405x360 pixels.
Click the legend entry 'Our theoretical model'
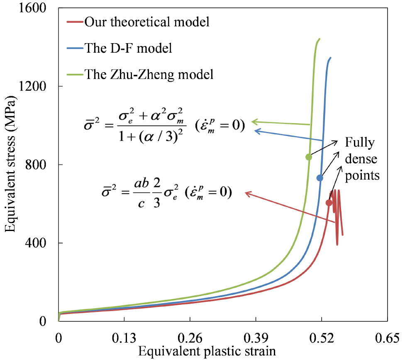point(147,22)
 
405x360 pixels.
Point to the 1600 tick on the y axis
point(36,8)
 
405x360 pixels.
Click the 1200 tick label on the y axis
point(36,86)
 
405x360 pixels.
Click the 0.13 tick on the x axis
point(124,338)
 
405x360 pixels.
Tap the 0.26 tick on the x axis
point(190,338)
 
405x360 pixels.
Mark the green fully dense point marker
point(308,157)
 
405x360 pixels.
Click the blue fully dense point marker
point(320,178)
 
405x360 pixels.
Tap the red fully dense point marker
point(329,203)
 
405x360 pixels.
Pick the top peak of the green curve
point(319,39)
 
